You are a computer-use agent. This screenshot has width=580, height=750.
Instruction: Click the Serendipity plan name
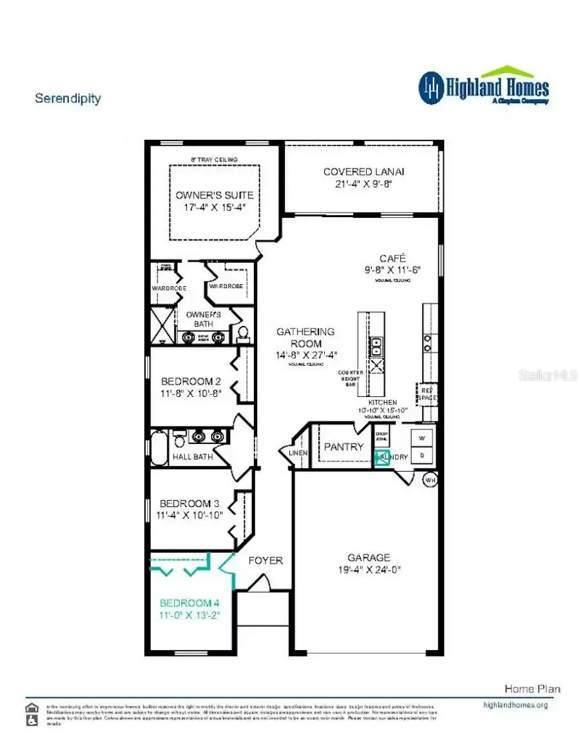68,99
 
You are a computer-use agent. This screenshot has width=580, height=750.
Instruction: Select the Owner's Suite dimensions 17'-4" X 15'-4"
215,207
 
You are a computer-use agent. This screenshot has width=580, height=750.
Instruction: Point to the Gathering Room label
305,332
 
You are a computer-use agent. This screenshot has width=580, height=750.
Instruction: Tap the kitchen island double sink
376,347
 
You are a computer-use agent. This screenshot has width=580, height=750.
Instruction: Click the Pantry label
343,447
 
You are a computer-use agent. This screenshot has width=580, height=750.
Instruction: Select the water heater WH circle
430,479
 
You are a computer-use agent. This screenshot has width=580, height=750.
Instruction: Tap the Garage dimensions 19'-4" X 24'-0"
369,570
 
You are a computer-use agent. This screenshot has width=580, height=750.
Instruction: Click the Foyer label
266,561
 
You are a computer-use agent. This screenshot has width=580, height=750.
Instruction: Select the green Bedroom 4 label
189,603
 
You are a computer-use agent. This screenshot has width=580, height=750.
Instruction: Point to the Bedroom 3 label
185,503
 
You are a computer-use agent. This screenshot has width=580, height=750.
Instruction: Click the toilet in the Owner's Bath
243,332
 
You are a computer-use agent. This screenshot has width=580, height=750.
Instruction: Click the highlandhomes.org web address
515,705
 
